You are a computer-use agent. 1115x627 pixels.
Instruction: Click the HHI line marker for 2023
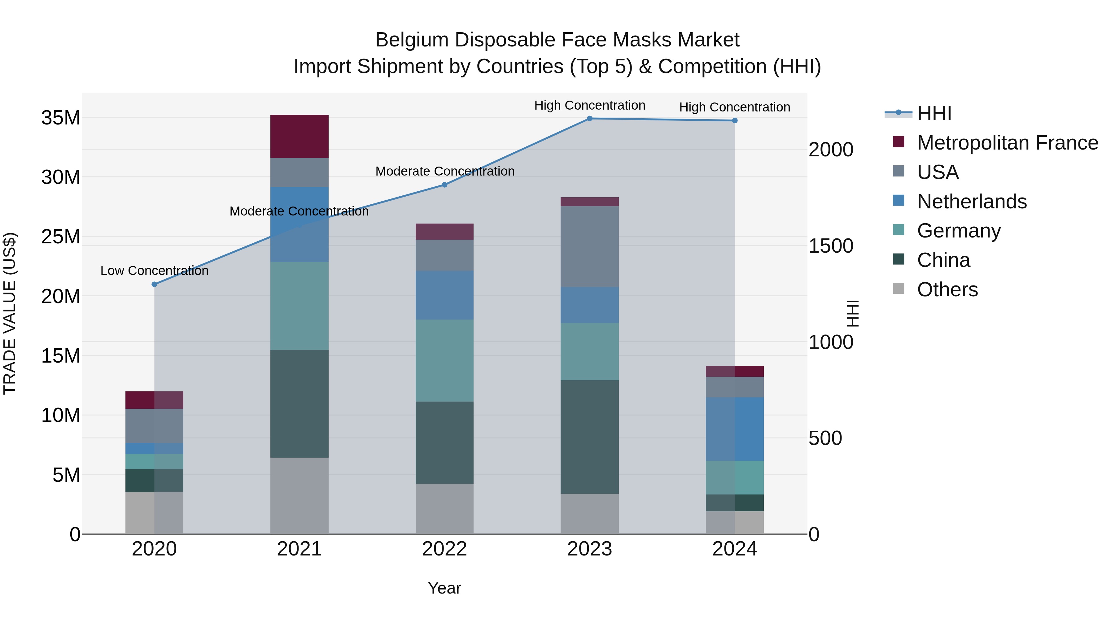click(589, 118)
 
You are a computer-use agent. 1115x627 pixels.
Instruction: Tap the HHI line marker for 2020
click(155, 284)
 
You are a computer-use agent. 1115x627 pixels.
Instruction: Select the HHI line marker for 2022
click(444, 185)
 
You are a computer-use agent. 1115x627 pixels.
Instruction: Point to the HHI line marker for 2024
click(735, 121)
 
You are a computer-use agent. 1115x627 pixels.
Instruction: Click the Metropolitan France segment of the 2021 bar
click(299, 136)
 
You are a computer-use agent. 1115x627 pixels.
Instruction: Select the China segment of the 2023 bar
click(589, 437)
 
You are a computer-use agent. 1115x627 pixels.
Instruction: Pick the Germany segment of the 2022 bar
click(444, 360)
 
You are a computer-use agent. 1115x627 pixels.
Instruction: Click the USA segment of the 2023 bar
click(589, 247)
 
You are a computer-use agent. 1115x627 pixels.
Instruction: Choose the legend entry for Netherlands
click(971, 202)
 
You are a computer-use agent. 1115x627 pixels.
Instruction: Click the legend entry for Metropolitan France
click(1007, 143)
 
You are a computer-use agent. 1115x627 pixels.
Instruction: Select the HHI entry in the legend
click(934, 113)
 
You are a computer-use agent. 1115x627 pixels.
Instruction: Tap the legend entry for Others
click(947, 290)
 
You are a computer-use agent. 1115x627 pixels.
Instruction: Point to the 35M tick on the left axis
click(61, 118)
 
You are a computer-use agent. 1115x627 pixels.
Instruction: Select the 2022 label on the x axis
click(444, 549)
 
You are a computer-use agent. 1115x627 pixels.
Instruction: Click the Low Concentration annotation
click(155, 271)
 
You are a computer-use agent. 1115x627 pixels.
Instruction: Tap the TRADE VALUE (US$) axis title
click(10, 313)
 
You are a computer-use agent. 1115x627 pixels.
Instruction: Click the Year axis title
click(444, 588)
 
